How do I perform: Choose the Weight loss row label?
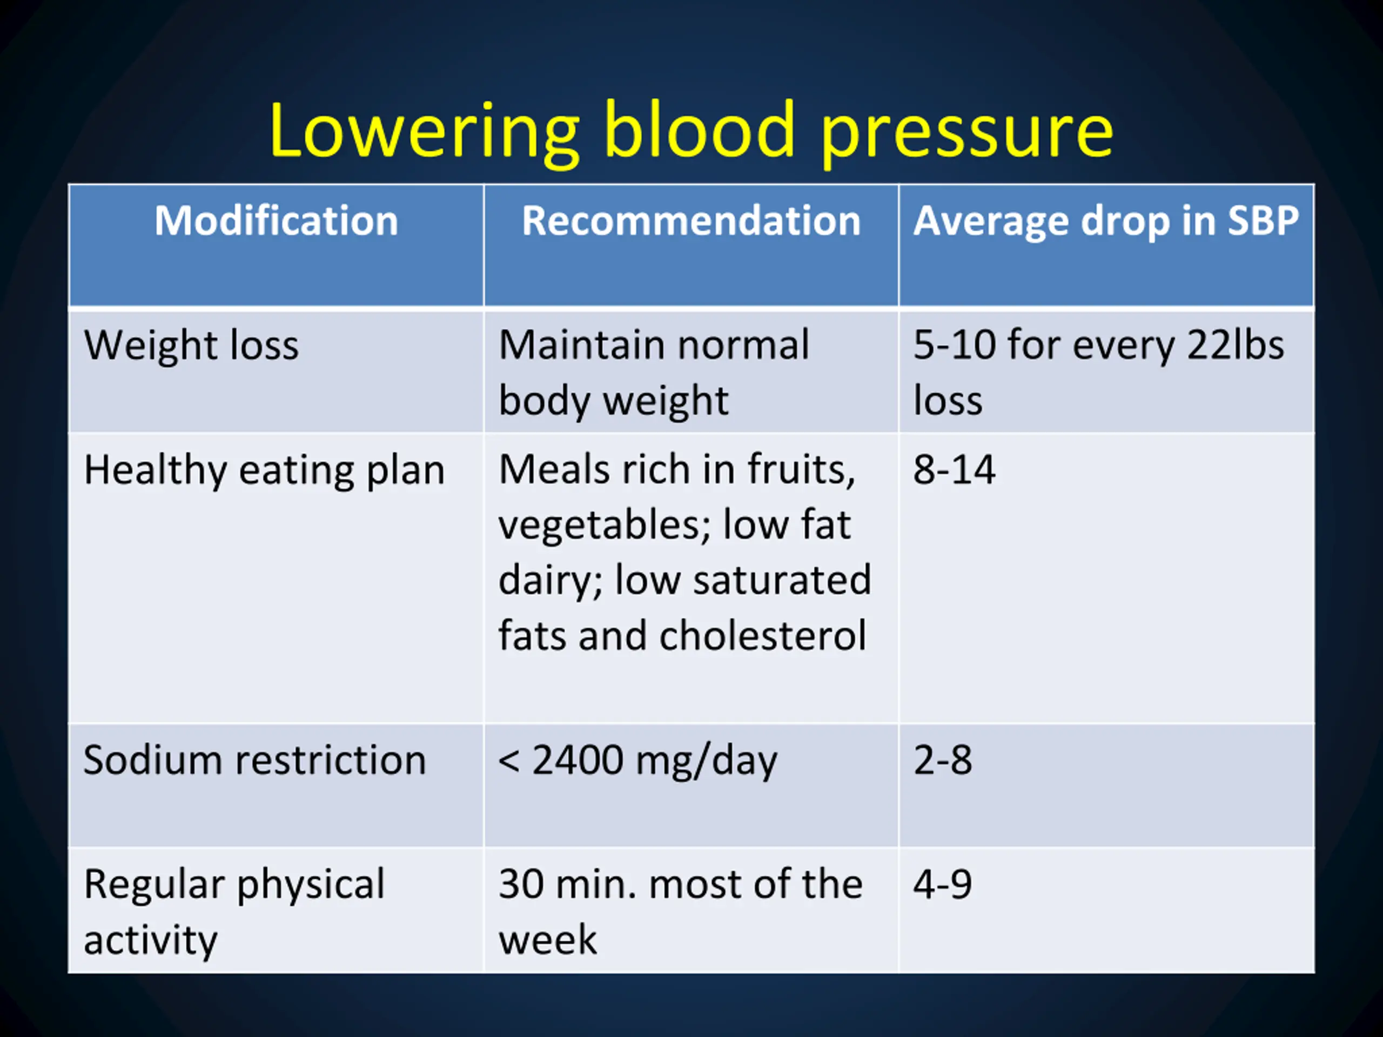[191, 345]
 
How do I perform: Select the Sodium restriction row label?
[254, 760]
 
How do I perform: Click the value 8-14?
[954, 470]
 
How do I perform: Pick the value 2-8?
[942, 760]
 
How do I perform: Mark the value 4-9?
[942, 885]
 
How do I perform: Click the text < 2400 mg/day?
[637, 760]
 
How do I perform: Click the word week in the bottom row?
[547, 939]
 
